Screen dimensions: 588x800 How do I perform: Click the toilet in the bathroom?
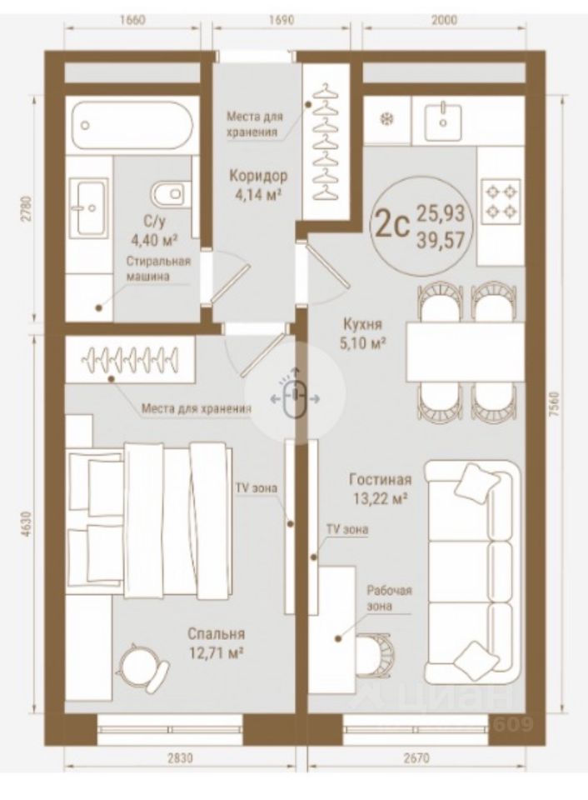(x=167, y=193)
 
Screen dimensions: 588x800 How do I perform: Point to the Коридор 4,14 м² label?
(x=258, y=185)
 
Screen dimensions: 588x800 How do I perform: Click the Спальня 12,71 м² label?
(x=217, y=642)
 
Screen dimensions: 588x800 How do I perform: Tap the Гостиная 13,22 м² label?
(x=381, y=488)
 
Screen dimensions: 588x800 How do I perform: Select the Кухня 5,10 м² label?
(x=362, y=333)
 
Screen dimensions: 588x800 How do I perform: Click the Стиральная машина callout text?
(x=158, y=269)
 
